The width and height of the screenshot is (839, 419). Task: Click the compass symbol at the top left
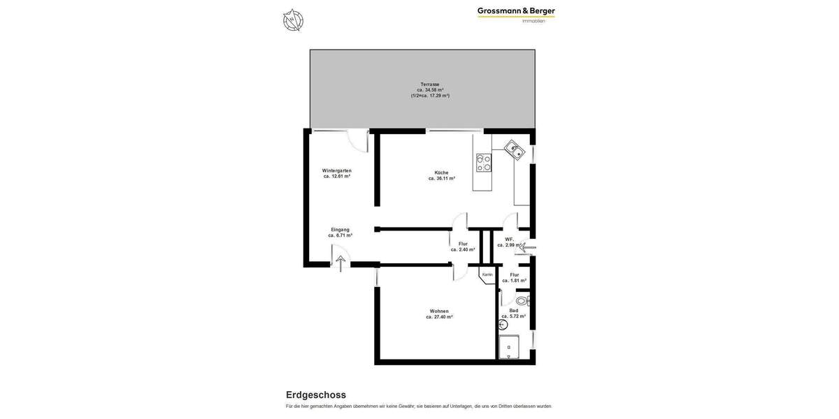[x=293, y=20]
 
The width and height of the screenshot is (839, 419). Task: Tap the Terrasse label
[x=430, y=84]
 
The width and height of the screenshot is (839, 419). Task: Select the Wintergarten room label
[x=337, y=171]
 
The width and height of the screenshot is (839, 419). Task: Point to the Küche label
[x=441, y=172]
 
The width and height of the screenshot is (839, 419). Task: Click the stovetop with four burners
[x=483, y=163]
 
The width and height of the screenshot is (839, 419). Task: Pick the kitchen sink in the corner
[x=515, y=149]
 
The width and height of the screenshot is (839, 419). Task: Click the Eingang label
[x=340, y=230]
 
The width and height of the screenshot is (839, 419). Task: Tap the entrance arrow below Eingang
[x=340, y=263]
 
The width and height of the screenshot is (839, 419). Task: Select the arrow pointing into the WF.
[x=526, y=247]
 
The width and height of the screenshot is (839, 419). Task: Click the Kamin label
[x=487, y=274]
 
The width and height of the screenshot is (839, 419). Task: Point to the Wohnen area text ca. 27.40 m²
[x=439, y=317]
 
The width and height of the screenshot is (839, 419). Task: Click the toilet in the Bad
[x=522, y=301]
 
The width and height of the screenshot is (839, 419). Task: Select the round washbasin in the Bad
[x=503, y=325]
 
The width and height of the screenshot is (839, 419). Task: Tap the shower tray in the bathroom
[x=508, y=347]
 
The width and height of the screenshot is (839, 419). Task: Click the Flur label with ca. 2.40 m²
[x=463, y=247]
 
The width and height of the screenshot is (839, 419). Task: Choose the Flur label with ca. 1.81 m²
[x=514, y=277]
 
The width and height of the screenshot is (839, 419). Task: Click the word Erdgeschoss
[x=316, y=395]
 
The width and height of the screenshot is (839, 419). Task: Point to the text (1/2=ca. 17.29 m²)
[x=430, y=96]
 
